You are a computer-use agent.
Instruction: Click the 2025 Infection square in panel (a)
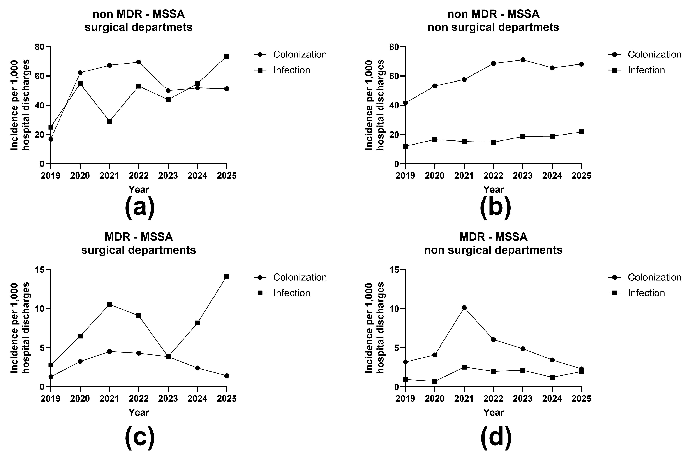click(x=226, y=56)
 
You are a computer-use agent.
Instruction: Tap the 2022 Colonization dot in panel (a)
click(x=139, y=62)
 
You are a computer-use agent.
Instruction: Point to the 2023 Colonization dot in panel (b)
click(x=523, y=60)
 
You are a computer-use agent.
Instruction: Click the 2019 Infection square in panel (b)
click(x=405, y=146)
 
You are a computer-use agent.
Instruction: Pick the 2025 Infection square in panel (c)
click(x=226, y=276)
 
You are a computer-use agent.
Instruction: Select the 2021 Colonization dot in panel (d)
click(x=464, y=308)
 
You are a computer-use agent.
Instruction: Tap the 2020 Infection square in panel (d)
click(x=435, y=381)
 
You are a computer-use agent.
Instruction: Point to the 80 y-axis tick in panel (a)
click(x=40, y=47)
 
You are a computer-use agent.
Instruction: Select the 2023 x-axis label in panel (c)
click(x=168, y=398)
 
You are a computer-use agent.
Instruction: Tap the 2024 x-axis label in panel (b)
click(x=552, y=176)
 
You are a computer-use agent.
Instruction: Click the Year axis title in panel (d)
click(x=493, y=412)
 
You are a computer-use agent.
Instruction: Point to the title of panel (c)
click(x=139, y=243)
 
